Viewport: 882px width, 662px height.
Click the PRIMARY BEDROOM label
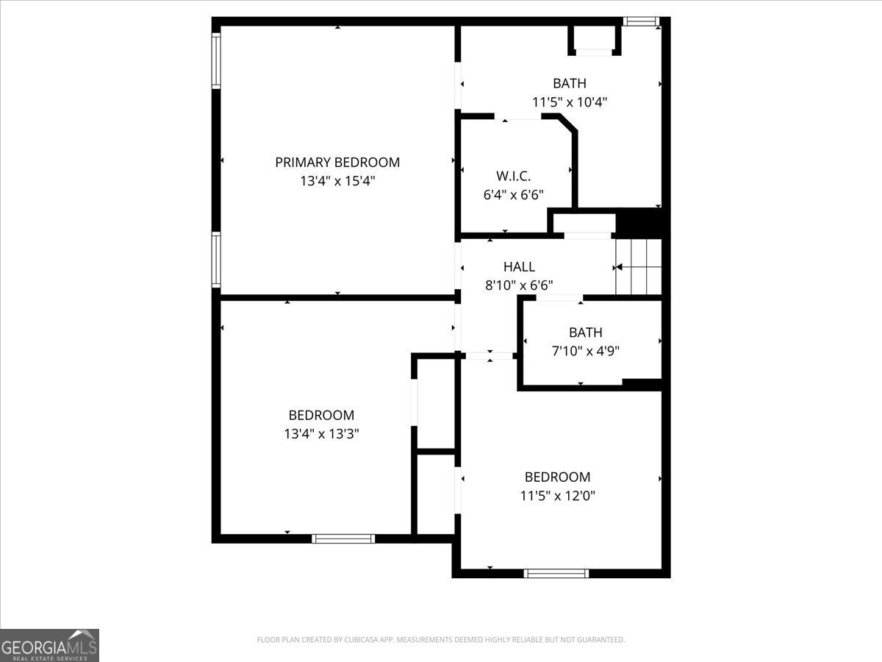(337, 163)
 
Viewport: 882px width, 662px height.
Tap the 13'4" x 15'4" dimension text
(337, 181)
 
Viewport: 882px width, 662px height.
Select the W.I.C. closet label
(514, 177)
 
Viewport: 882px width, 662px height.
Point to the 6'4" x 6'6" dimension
(514, 195)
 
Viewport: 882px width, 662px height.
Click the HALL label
(519, 267)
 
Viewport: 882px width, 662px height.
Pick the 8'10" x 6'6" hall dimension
(519, 285)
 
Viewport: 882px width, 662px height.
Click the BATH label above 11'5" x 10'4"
(570, 84)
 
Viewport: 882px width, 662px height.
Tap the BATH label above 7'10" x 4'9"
(585, 333)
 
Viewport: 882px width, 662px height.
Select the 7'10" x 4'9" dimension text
(585, 352)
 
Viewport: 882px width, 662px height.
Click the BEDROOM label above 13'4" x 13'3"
(321, 416)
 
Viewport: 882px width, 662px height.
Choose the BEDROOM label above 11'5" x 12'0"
(557, 477)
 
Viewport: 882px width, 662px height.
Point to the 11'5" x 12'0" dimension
(557, 496)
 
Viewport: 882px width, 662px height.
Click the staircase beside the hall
(639, 267)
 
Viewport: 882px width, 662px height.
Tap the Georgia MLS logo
(49, 645)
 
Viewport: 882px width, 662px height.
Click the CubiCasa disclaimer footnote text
(441, 640)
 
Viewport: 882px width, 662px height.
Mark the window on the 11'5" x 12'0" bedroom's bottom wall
(556, 573)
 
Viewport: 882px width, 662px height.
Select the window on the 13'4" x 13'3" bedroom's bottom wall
(343, 538)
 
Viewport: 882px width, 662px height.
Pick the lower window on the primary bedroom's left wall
(216, 260)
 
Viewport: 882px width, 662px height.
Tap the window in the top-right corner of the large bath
(641, 21)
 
